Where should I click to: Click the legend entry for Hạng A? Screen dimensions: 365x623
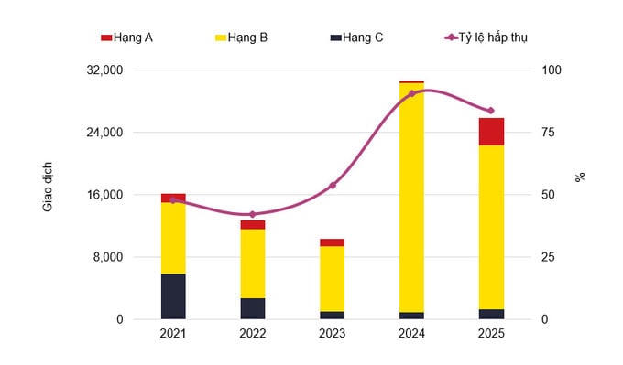pyautogui.click(x=127, y=38)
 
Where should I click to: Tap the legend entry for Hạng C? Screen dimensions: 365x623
pyautogui.click(x=356, y=38)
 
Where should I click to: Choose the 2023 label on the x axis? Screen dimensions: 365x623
pyautogui.click(x=333, y=334)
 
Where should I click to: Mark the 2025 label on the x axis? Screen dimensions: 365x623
pyautogui.click(x=491, y=334)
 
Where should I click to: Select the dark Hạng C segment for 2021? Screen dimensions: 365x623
pyautogui.click(x=173, y=296)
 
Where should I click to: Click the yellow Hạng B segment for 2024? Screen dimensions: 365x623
pyautogui.click(x=411, y=197)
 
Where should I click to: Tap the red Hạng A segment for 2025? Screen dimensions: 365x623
pyautogui.click(x=491, y=132)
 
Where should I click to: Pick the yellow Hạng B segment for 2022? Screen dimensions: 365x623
pyautogui.click(x=253, y=263)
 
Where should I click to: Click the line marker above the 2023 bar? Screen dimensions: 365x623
pyautogui.click(x=333, y=186)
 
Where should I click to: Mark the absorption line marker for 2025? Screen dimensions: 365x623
pyautogui.click(x=491, y=111)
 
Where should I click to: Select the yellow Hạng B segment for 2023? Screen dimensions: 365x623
pyautogui.click(x=333, y=279)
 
